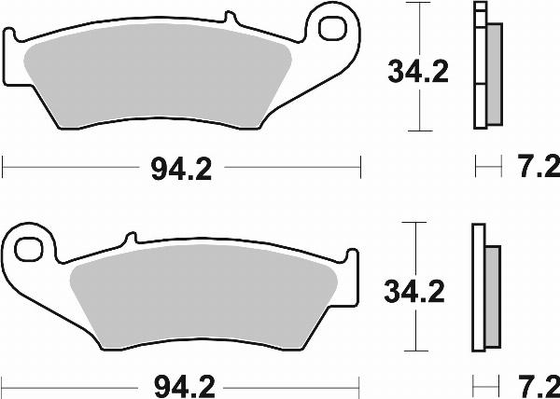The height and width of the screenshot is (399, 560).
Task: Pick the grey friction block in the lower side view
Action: click(x=493, y=293)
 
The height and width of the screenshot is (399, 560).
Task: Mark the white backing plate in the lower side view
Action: click(x=479, y=289)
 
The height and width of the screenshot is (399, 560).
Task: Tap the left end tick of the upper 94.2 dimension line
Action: click(x=5, y=169)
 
